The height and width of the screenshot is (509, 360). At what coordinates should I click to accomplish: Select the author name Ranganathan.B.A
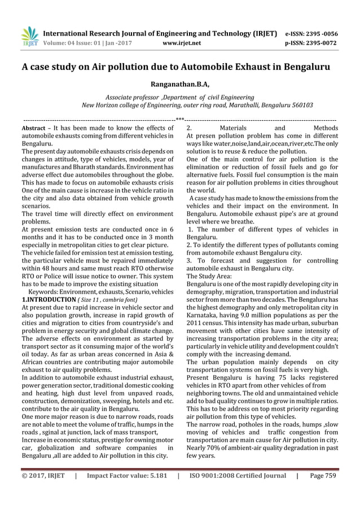[179, 85]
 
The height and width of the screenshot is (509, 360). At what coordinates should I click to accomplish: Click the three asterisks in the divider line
[180, 120]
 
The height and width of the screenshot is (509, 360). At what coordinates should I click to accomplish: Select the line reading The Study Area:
[208, 276]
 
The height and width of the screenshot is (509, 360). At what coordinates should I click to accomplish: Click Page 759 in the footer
[323, 476]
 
